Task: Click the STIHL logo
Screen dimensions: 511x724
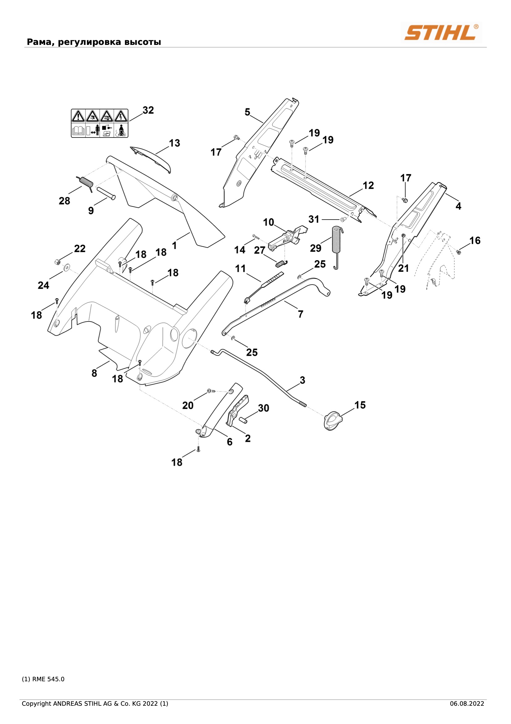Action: pos(441,32)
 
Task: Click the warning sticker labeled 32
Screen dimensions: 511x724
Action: pos(100,123)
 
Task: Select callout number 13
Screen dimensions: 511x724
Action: pos(174,143)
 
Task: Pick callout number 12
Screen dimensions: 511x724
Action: pos(368,185)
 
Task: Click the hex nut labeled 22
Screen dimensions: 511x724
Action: pos(57,262)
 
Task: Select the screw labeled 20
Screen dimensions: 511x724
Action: pos(211,391)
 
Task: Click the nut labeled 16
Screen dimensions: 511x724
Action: pos(459,251)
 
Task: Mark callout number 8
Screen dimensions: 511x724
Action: pos(94,373)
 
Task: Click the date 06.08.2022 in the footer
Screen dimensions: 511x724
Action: pos(467,704)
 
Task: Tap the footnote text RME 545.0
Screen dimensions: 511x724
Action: pos(49,679)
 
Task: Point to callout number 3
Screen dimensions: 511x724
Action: pos(302,380)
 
